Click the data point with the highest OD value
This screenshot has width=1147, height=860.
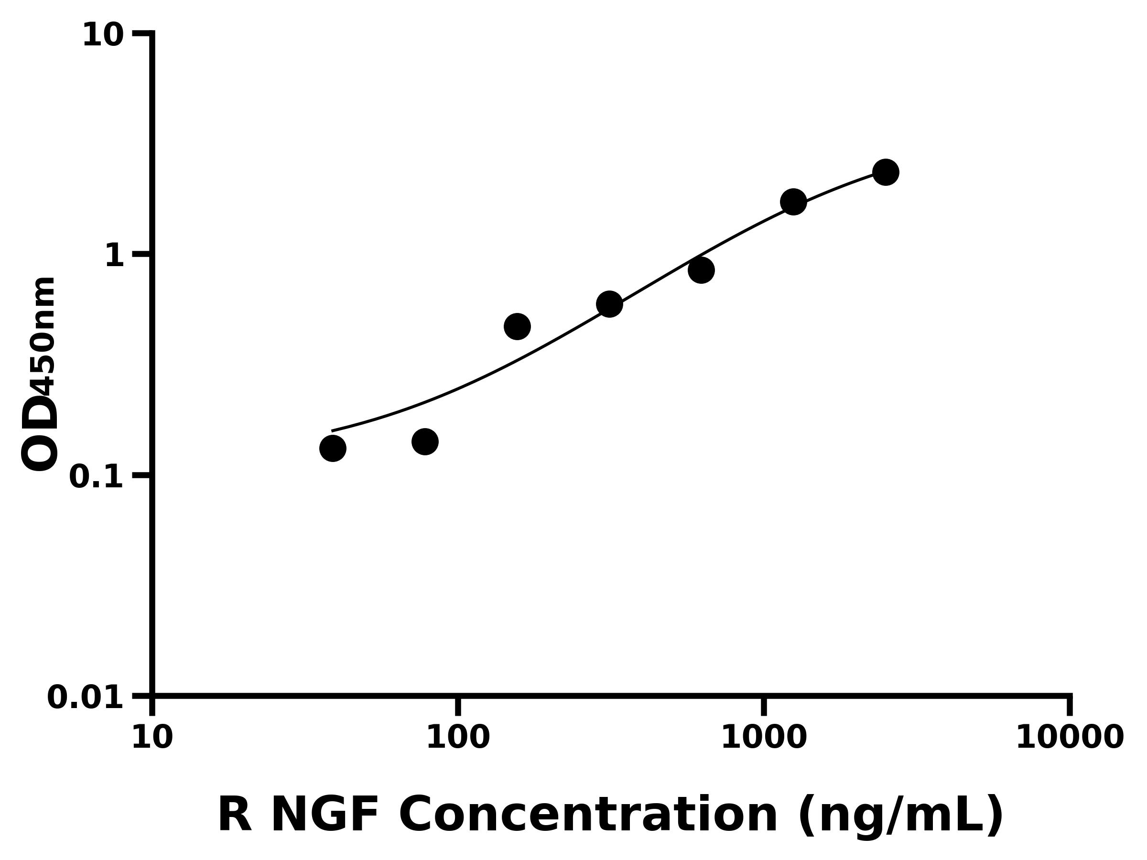tap(886, 172)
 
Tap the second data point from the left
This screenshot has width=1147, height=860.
tap(425, 441)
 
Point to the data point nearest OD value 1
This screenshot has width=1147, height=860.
tap(701, 270)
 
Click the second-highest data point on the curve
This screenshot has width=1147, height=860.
tap(793, 201)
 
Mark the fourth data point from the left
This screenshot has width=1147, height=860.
tap(609, 304)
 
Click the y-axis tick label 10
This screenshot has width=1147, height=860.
tap(103, 36)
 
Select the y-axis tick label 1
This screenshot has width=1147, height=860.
tap(115, 256)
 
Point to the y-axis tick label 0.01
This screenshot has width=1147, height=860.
tap(86, 697)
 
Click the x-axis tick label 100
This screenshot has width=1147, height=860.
tap(458, 737)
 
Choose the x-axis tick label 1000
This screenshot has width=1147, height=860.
tap(764, 737)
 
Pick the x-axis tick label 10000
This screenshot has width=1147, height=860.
tap(1069, 737)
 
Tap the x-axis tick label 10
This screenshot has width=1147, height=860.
tap(152, 737)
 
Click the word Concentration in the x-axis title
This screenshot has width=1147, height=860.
tap(588, 816)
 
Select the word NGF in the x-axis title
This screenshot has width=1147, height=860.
tap(325, 816)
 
